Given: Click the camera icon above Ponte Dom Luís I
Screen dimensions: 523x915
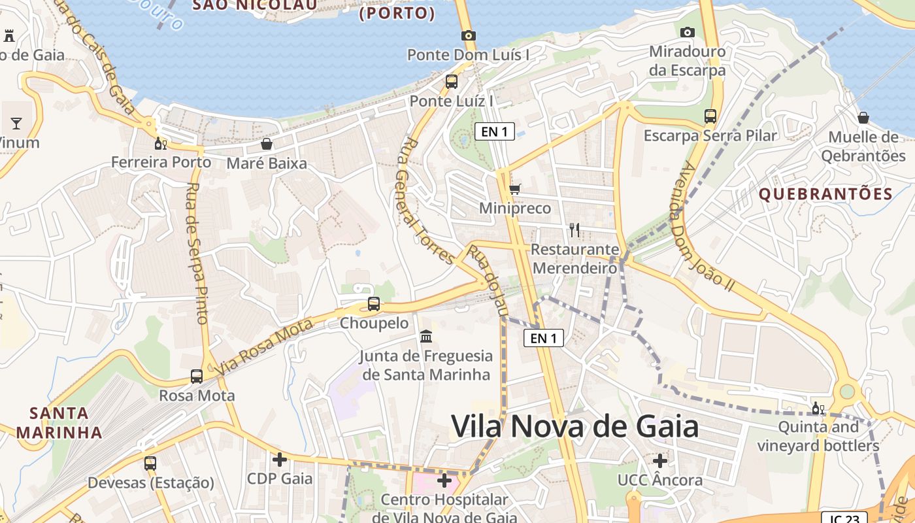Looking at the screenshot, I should coord(468,35).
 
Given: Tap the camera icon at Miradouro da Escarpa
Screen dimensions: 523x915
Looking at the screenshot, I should coord(687,32).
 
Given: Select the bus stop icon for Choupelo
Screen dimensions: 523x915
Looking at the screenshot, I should coord(374,303).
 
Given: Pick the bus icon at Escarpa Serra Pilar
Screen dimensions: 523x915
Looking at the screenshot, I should coord(710,116).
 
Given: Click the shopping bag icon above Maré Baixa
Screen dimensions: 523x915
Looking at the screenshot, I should coord(267,144).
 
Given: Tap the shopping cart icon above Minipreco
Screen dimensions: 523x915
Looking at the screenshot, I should coord(515,190).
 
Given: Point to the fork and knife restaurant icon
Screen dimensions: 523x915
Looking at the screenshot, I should coord(574,230).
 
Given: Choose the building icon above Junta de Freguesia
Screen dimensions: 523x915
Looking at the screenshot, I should coord(426,337).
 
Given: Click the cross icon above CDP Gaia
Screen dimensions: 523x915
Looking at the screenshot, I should coord(280,460).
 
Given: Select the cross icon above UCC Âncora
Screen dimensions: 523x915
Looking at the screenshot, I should coord(660,461).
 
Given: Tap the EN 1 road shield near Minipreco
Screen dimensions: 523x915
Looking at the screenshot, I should coord(495,131).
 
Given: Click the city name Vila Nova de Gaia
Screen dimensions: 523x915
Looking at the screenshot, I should coord(575,427).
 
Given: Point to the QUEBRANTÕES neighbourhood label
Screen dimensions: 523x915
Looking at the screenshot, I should coord(825,194).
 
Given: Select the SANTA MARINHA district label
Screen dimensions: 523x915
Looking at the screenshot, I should coord(59,422).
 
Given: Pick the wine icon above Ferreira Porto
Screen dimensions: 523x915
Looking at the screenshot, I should coord(160,144).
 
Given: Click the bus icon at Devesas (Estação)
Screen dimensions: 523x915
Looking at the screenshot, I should coord(150,464).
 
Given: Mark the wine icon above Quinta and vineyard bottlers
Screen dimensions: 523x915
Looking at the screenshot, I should coord(818,409).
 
